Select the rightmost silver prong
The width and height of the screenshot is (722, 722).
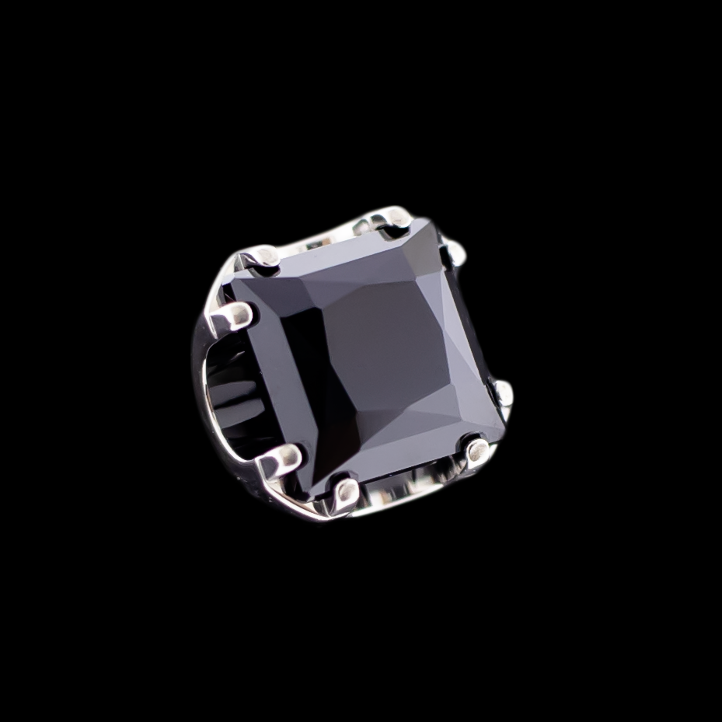coord(504,392)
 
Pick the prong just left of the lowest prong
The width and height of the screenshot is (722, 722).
coord(281,460)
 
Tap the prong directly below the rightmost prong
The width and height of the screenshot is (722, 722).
coord(476,449)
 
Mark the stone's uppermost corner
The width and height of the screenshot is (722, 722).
coord(424,221)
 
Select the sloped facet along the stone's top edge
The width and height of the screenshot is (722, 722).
coord(342,256)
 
